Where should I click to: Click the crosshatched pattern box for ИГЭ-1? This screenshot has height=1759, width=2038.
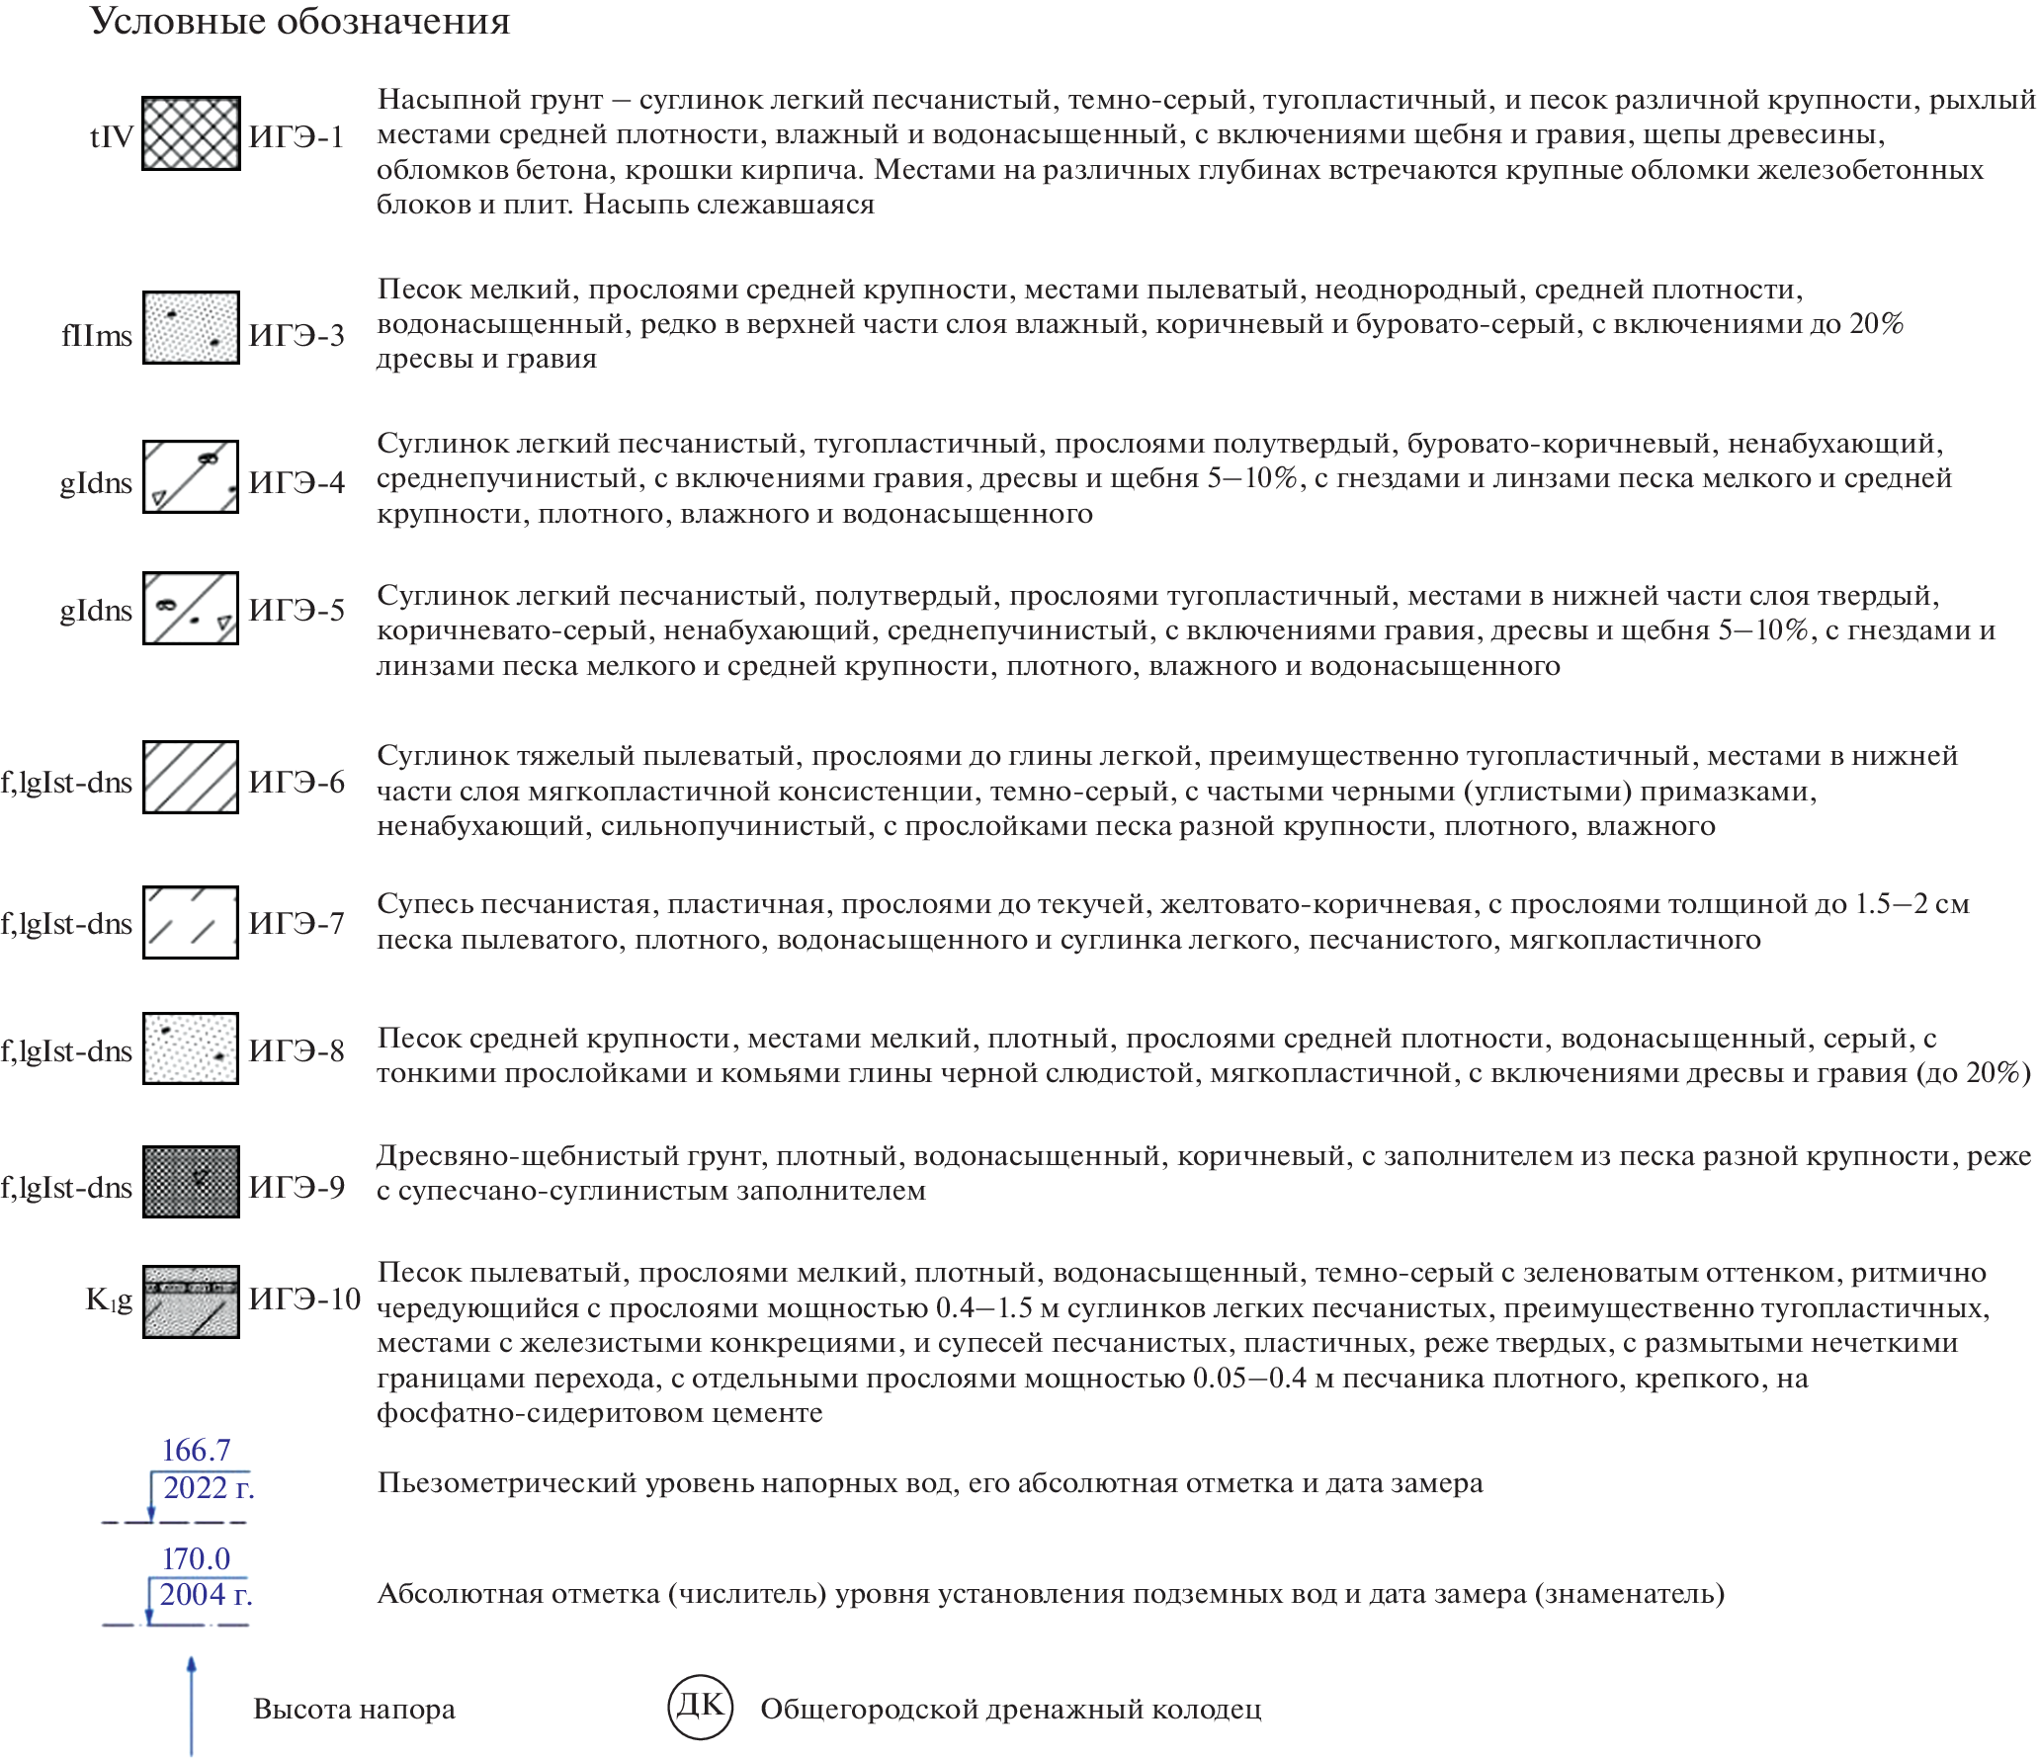point(191,133)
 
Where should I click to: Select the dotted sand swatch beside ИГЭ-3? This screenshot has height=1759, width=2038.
point(191,328)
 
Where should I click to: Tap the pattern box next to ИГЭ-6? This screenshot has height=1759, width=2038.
point(191,777)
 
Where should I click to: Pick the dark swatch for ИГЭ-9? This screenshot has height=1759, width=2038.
point(191,1182)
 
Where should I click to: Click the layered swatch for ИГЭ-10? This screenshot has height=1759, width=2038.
point(191,1301)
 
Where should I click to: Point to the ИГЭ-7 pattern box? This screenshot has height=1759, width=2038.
point(191,922)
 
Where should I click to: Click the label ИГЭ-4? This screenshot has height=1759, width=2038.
point(297,482)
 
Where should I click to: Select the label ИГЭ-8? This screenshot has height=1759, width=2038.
point(297,1050)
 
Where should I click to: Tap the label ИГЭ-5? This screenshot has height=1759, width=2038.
point(297,610)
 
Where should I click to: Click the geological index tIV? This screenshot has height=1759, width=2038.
point(111,136)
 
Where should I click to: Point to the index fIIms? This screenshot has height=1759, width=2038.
point(96,336)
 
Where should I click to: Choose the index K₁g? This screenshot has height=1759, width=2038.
point(109,1299)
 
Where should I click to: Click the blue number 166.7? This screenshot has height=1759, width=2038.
point(196,1451)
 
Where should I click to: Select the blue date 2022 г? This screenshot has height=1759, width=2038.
point(209,1487)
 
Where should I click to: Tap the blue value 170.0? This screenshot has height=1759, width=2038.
point(196,1558)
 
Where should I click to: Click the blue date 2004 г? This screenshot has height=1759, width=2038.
point(206,1594)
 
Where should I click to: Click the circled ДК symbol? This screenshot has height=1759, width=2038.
point(700,1707)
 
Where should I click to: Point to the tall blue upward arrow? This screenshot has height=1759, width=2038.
point(192,1706)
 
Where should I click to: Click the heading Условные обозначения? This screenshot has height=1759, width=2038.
point(299,21)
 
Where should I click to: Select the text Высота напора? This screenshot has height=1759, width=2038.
point(354,1709)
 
